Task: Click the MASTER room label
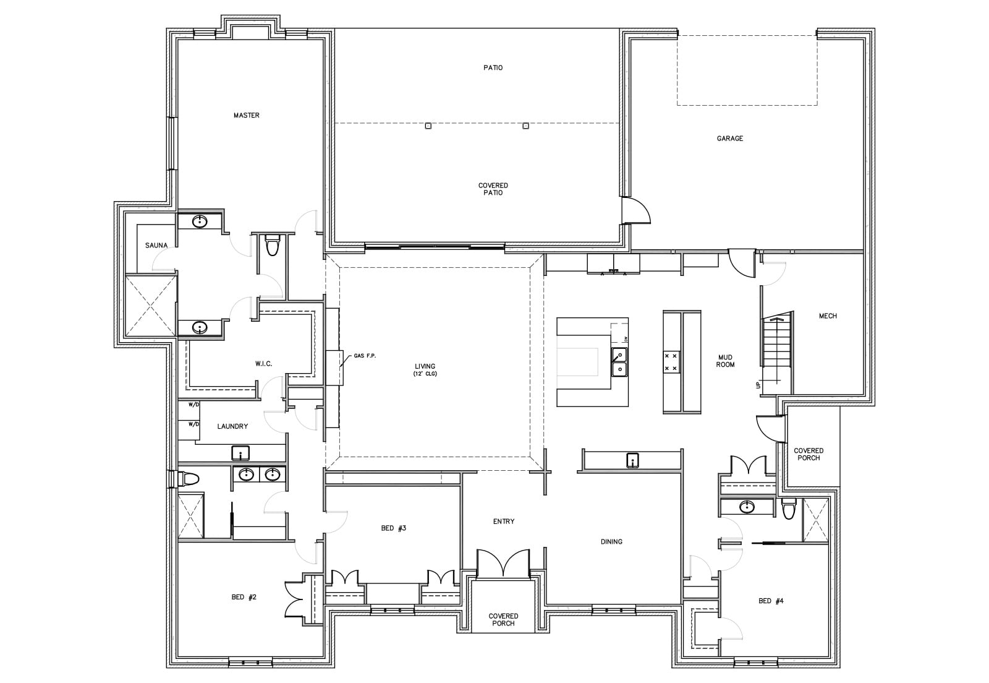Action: tap(247, 115)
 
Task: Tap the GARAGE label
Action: tap(730, 139)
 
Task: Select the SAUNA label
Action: tap(156, 245)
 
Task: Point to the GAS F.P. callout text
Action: tap(365, 356)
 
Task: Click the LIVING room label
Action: tap(425, 369)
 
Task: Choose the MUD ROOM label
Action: tap(726, 361)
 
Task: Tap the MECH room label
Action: tap(828, 316)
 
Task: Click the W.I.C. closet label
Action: tap(263, 364)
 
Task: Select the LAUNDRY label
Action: tap(232, 426)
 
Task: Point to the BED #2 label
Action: tap(244, 597)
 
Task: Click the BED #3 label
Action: tap(393, 528)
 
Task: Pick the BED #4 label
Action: tap(771, 601)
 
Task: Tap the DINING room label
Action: tap(611, 541)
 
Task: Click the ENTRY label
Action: tap(504, 522)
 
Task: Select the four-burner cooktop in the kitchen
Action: tap(671, 362)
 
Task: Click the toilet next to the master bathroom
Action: tap(271, 246)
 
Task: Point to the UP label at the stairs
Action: tap(758, 385)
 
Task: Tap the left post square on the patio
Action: tap(428, 126)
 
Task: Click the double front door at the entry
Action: tap(503, 564)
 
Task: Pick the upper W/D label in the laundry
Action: tap(194, 405)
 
